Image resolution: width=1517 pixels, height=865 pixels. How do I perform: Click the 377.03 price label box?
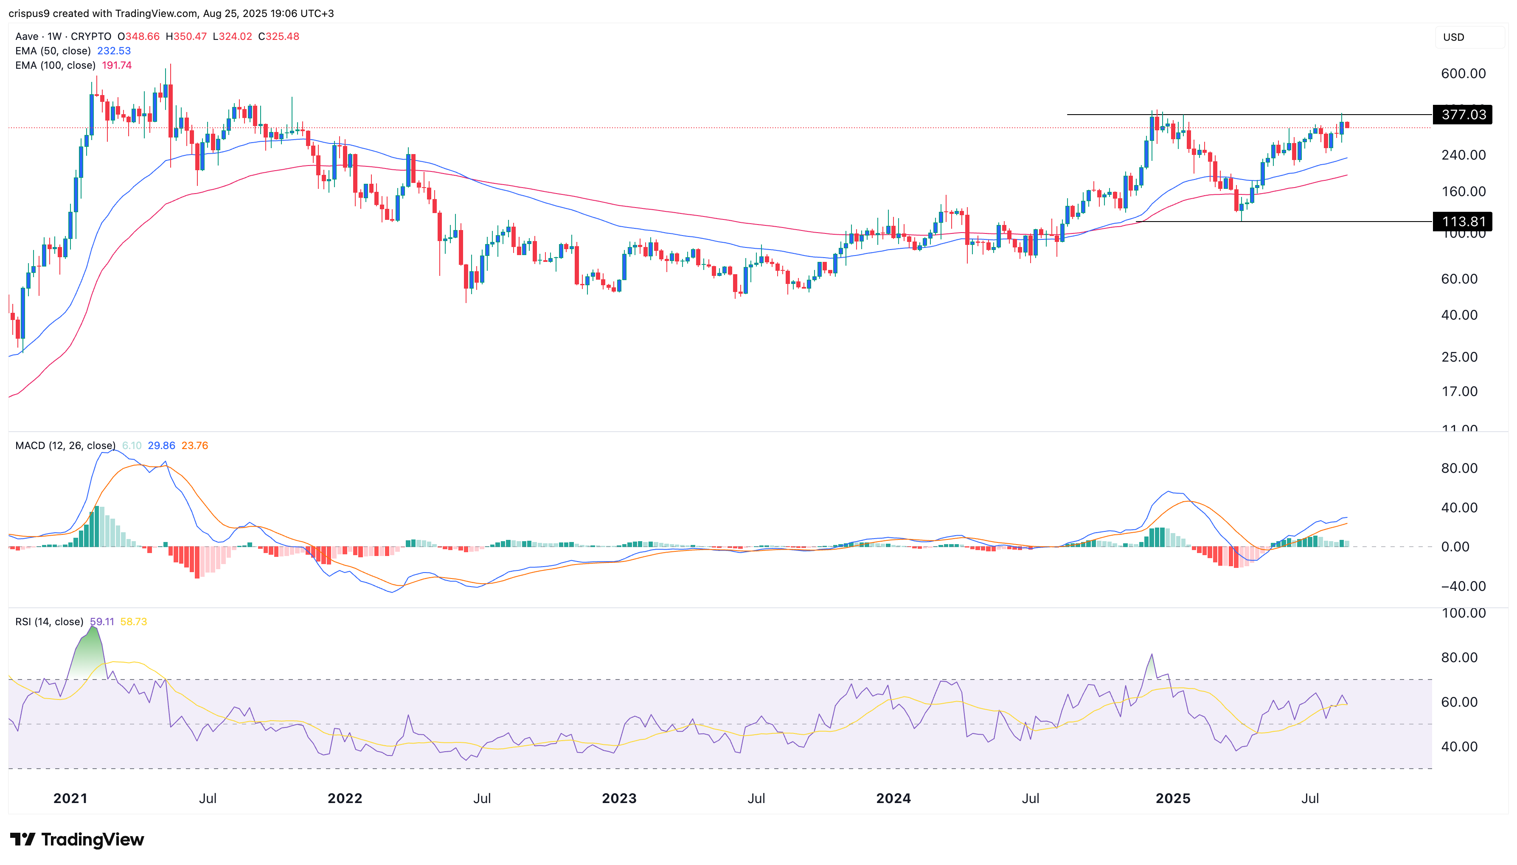coord(1462,115)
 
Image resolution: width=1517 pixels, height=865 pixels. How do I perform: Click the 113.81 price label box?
coord(1462,222)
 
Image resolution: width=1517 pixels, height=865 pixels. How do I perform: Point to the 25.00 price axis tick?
coord(1459,357)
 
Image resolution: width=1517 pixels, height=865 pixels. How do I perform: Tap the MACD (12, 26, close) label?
coord(65,446)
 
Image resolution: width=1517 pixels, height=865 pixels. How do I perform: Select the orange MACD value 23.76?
coord(194,446)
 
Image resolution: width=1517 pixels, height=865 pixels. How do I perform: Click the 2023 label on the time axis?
coord(619,798)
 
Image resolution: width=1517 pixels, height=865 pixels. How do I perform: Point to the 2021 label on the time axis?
coord(70,798)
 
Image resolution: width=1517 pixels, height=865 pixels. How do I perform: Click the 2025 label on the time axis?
coord(1172,798)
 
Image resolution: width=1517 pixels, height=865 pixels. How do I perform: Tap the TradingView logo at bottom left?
coord(77,840)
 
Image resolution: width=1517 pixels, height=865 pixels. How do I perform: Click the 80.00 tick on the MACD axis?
coord(1459,468)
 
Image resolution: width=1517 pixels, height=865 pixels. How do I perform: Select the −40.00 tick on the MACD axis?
coord(1459,587)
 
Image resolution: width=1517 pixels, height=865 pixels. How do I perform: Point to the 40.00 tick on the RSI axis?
coord(1459,747)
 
